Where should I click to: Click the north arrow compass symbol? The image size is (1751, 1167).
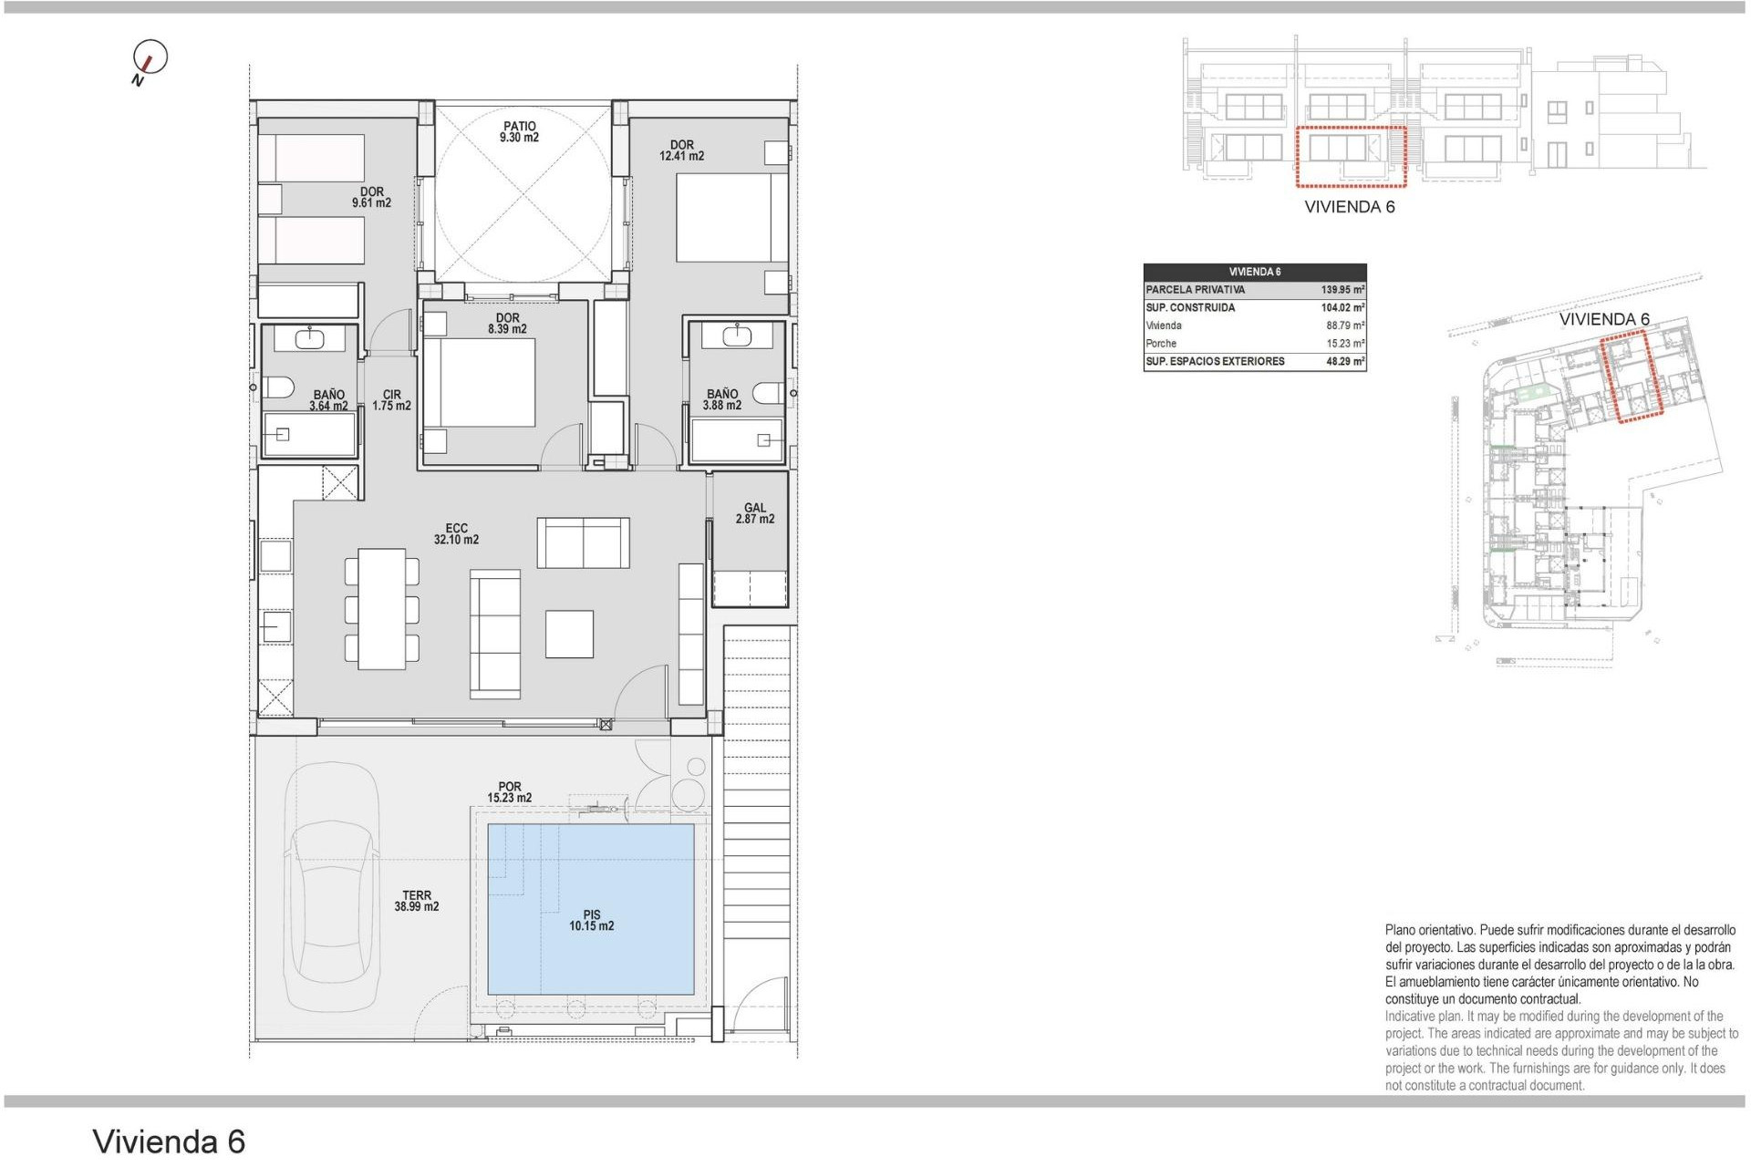(150, 59)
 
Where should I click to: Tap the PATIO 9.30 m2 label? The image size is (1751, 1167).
(519, 132)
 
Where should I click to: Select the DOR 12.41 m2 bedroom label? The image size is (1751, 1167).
(681, 150)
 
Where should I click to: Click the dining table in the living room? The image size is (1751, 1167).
(381, 609)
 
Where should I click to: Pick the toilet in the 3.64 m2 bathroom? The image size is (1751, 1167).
(279, 387)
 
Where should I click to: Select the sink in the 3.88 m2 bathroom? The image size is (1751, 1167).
(736, 336)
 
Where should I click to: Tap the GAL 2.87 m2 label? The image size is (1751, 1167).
(754, 513)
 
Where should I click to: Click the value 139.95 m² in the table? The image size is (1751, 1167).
(1342, 290)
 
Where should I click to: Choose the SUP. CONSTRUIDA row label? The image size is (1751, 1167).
(1190, 308)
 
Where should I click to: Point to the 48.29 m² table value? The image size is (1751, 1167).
(1344, 362)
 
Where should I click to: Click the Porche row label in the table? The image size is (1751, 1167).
(1161, 344)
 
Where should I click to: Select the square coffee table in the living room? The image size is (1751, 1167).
(569, 634)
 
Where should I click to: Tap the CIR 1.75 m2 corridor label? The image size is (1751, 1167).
(391, 400)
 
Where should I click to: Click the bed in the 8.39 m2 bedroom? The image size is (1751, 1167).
(480, 383)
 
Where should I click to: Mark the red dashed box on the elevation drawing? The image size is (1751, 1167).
(1351, 157)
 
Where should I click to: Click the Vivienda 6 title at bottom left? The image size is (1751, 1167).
(169, 1141)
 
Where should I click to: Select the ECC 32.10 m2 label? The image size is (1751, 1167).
(456, 533)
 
